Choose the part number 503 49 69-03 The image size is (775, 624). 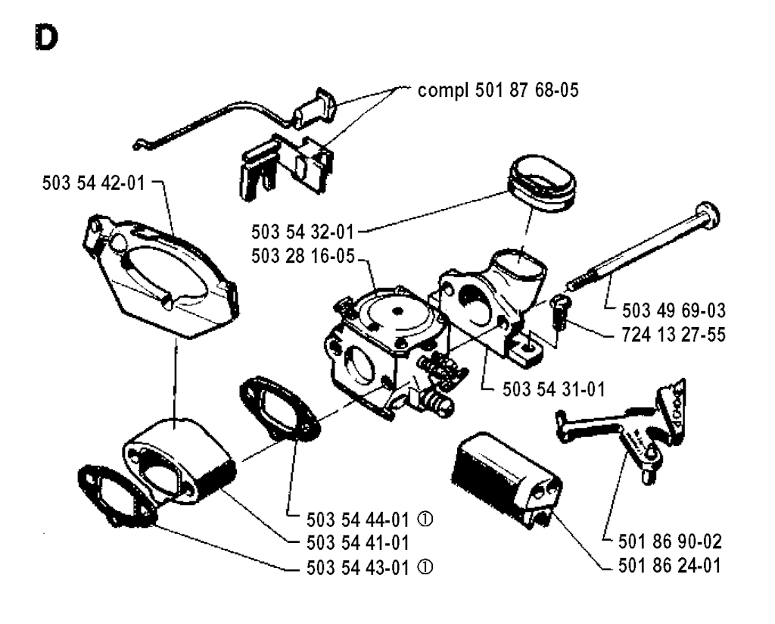click(674, 309)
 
